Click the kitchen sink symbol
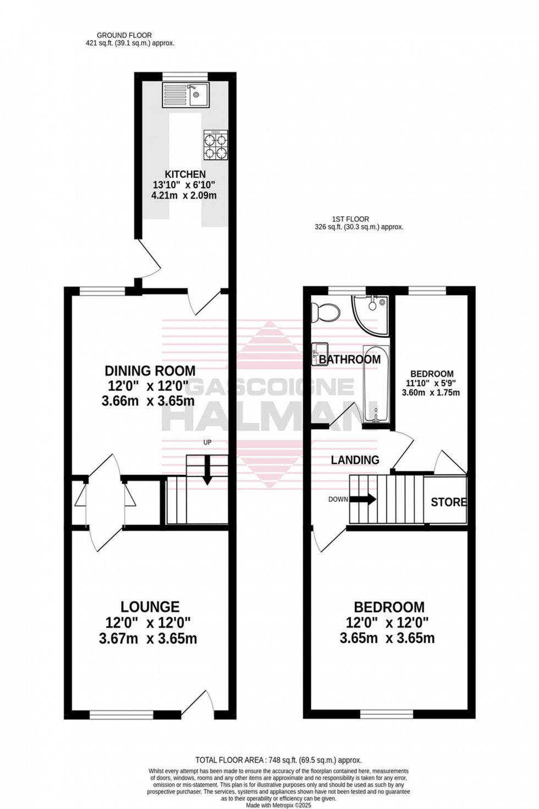point(185,94)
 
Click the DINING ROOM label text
point(150,370)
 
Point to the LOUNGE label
point(150,606)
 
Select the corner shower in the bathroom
point(372,314)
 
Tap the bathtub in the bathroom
point(376,385)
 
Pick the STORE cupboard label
point(448,502)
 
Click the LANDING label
point(355,460)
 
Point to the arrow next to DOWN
point(363,500)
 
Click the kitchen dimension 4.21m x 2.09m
point(184,195)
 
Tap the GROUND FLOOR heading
point(124,35)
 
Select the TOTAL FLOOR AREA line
point(278,760)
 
